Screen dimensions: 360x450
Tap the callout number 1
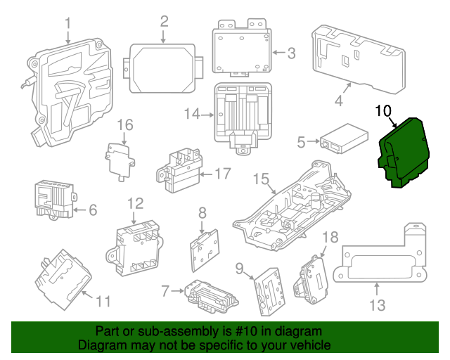(x=68, y=25)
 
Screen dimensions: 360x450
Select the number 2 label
(x=164, y=21)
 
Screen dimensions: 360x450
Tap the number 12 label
(x=135, y=204)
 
